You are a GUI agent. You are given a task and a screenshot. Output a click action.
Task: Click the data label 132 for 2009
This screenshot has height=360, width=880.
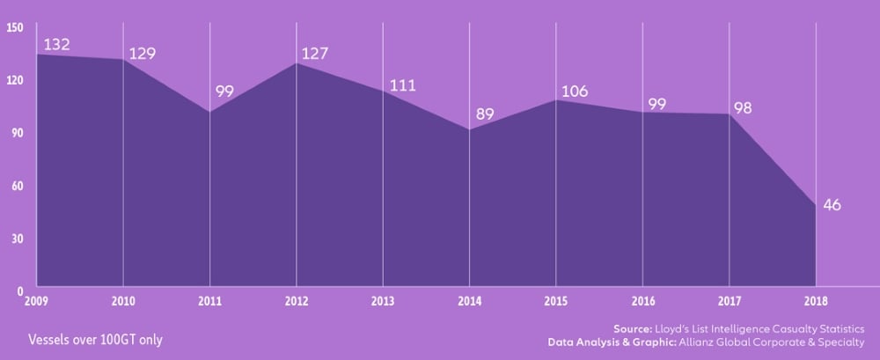tap(56, 44)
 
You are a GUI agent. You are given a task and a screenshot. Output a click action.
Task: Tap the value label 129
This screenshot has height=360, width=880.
tap(143, 54)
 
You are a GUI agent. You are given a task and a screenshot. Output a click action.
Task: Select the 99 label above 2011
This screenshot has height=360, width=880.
tap(224, 92)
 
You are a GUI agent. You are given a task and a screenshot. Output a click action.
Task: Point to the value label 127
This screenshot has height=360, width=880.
tap(314, 54)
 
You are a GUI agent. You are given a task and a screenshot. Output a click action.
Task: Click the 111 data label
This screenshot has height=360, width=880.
tap(401, 85)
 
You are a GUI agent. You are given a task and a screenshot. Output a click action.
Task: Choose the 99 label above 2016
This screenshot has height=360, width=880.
tap(656, 104)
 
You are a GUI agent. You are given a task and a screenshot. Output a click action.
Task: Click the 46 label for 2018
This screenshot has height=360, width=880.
tap(832, 205)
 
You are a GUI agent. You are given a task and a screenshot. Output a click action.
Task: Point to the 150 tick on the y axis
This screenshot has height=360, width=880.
tap(15, 27)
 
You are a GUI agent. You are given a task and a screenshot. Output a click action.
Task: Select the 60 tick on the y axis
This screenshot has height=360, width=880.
tap(18, 186)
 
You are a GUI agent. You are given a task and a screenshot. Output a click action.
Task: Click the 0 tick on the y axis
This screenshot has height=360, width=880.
tap(20, 290)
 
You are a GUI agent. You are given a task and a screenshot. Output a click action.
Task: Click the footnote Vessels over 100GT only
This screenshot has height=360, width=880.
tap(95, 340)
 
